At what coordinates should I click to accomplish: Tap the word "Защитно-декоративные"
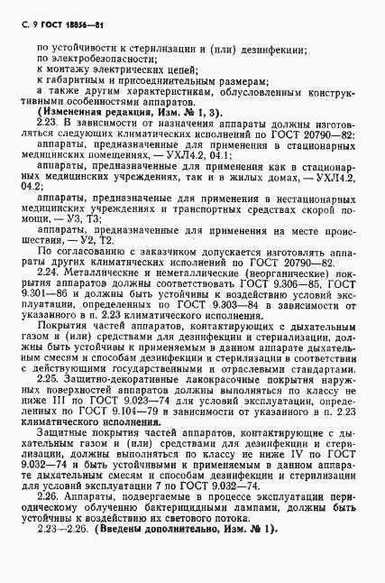tap(118, 406)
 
